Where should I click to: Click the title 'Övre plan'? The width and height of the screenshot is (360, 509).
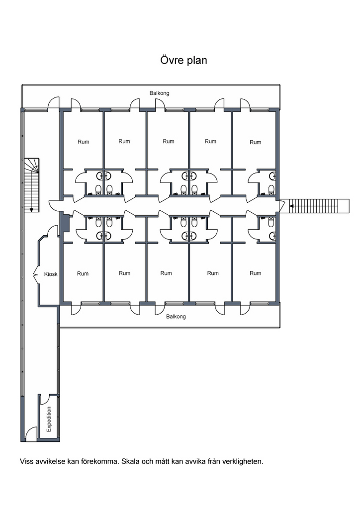pos(184,60)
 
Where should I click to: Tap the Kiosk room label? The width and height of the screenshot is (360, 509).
pos(51,274)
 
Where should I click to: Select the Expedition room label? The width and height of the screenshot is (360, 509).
pos(49,420)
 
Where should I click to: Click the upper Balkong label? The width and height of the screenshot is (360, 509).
pos(160,93)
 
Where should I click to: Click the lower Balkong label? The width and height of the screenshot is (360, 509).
pos(176,317)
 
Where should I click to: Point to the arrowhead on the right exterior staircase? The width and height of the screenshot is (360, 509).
pos(291,206)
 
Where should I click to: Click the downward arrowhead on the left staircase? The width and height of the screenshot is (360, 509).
pos(31,210)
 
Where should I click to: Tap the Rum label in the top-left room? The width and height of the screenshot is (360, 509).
pos(84,142)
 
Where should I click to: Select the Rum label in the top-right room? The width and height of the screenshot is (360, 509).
pos(256,142)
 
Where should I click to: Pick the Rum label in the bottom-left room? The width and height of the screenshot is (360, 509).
pos(83,274)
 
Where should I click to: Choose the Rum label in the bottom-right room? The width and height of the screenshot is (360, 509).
pos(256,273)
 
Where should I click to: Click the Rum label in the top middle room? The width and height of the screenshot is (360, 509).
pos(169,141)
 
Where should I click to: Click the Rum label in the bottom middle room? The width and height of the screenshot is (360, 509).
pos(166,273)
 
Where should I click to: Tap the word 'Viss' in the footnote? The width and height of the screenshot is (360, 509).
pos(27,461)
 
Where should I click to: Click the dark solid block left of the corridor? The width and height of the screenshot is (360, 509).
pos(66,223)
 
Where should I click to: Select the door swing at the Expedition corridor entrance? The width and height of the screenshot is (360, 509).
pos(31,433)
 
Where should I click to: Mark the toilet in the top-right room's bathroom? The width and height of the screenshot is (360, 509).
pos(271,189)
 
